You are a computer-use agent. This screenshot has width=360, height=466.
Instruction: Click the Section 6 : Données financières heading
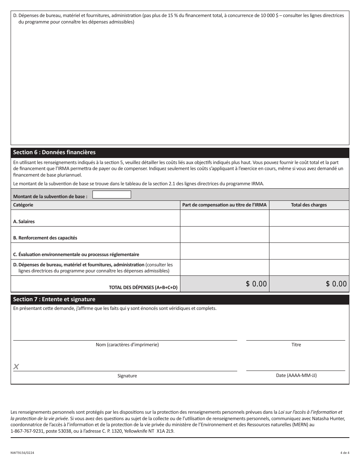point(54,152)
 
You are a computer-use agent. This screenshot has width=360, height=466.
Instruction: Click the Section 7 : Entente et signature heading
point(54,299)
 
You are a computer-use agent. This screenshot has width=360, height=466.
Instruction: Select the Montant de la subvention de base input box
point(112,195)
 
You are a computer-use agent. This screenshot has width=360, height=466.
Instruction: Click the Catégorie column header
point(23,205)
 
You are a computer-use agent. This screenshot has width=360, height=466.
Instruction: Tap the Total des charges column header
point(309,205)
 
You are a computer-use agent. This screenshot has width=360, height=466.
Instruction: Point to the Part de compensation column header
point(224,205)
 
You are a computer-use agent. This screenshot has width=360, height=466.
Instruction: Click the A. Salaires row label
point(24,222)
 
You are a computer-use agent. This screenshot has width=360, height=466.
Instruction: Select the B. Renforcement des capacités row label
point(45,238)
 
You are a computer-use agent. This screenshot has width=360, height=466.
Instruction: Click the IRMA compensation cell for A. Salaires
point(224,218)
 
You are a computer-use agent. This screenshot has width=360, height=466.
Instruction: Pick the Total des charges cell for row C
point(309,251)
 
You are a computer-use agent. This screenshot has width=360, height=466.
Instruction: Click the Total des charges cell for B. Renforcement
point(309,235)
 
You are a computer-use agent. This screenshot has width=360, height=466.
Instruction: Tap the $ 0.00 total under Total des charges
point(336,284)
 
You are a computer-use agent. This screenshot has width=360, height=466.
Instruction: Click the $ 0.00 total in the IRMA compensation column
point(256,284)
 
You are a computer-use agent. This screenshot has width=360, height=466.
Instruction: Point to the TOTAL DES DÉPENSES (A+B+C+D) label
point(143,288)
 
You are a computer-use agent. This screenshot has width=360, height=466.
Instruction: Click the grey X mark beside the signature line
point(16,366)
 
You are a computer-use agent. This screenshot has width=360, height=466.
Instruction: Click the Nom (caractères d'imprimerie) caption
point(127,345)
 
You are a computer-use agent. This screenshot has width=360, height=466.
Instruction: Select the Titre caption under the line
point(296,345)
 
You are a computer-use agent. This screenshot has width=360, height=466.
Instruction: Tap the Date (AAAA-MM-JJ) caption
point(296,375)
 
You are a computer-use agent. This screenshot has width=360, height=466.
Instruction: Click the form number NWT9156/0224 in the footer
point(24,453)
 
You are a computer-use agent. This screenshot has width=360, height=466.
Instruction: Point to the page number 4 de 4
point(344,453)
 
